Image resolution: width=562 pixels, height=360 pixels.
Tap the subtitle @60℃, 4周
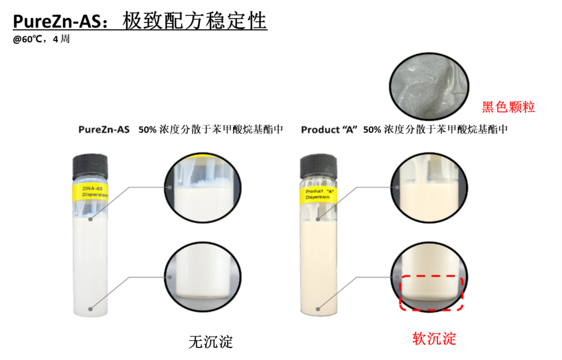[41, 39]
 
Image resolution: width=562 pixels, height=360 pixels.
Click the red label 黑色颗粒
[508, 107]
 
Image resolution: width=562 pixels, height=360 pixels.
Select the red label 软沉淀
[435, 339]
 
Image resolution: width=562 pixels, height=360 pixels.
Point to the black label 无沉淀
[211, 342]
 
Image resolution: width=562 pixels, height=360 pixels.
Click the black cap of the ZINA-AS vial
[90, 166]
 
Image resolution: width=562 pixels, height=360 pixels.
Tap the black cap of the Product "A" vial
[318, 167]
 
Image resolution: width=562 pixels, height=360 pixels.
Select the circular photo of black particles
[429, 86]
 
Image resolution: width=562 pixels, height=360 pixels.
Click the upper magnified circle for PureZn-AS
[203, 188]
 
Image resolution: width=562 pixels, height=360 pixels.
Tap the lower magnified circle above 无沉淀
[203, 277]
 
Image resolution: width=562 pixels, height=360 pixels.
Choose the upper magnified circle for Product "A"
[429, 188]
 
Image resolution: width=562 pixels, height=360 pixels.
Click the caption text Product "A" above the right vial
[329, 130]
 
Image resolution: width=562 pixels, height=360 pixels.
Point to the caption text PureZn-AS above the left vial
[104, 130]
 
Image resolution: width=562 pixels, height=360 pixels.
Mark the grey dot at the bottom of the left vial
[91, 309]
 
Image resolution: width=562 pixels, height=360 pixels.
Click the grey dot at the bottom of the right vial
[318, 309]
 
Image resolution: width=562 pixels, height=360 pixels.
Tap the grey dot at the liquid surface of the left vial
[91, 220]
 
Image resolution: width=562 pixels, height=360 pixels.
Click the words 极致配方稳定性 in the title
[195, 21]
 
